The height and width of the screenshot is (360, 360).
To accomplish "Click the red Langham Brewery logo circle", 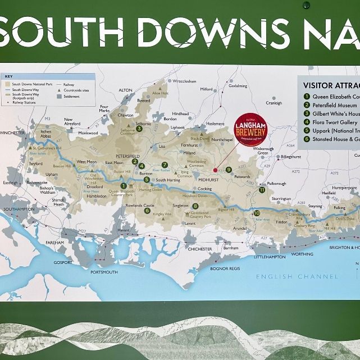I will pos(250,133).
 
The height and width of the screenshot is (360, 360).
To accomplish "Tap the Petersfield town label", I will pos(127,156).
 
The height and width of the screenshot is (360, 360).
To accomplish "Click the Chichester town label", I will pos(199,248).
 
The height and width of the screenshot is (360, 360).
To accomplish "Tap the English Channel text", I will pos(297,276).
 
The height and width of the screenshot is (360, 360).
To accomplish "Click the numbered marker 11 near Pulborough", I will pos(262,190).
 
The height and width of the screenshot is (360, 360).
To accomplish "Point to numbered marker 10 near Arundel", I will pos(257,213).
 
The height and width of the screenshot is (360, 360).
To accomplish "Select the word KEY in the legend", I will pos(8,77).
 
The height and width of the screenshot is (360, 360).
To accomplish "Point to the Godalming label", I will pos(238,86).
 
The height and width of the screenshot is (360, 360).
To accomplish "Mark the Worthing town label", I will pos(302,254).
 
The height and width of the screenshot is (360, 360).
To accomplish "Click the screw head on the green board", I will pos(306,5).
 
